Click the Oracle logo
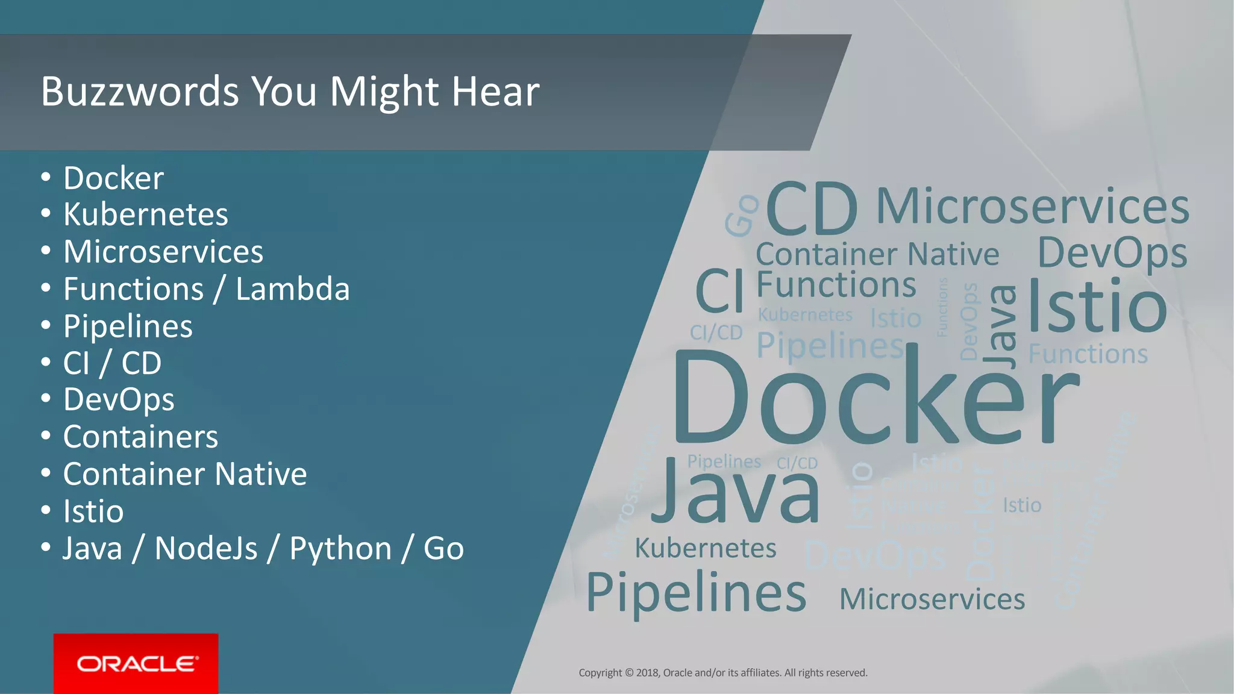click(136, 663)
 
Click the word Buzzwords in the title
click(140, 92)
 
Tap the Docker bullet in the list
click(113, 178)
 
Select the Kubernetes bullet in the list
click(145, 214)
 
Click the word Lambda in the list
click(292, 289)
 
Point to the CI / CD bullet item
click(112, 363)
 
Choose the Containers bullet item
click(140, 437)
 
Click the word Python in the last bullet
click(340, 549)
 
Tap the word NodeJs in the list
click(206, 549)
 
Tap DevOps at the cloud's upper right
click(1112, 253)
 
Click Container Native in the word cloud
click(877, 254)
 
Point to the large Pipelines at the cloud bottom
click(696, 593)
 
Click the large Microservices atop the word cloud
click(1032, 207)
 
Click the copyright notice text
click(722, 673)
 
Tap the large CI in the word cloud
click(719, 291)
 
